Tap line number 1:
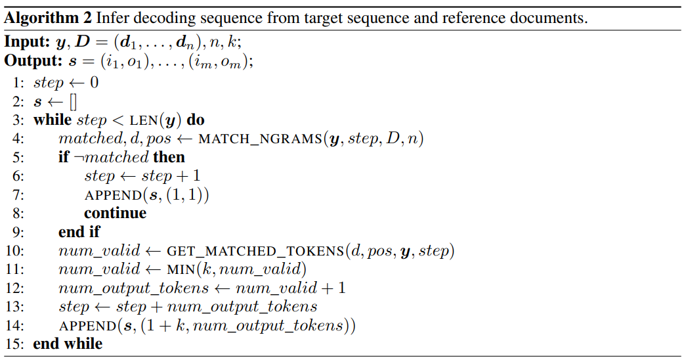(18, 83)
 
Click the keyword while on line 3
(53, 120)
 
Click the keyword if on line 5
(64, 158)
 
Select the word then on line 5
(169, 158)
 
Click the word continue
(115, 214)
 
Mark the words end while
(68, 344)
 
